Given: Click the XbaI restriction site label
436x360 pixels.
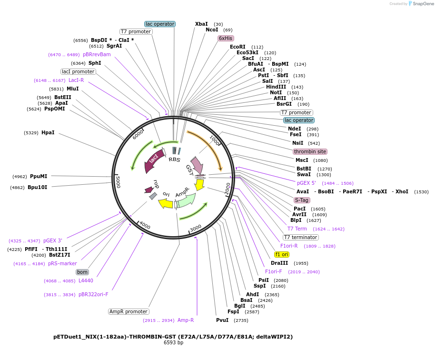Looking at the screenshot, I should tap(201, 24).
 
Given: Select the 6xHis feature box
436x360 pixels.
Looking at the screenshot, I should tap(226, 38).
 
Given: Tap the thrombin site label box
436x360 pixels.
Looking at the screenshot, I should tap(310, 151).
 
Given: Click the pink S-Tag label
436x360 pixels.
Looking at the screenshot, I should tap(302, 200).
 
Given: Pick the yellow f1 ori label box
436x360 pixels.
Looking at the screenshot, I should tap(282, 254).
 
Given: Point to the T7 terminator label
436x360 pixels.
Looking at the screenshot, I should tap(300, 237).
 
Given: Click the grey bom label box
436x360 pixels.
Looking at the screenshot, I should tap(82, 272).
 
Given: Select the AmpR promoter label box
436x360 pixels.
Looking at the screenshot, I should tap(129, 312).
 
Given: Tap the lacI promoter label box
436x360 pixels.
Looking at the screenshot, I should tap(79, 71).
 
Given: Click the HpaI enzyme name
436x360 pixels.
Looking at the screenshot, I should tap(48, 132).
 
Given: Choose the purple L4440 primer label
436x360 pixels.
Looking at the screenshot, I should tap(86, 280).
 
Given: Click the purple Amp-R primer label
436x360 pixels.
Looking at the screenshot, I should tap(186, 320).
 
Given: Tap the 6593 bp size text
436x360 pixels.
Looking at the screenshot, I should tap(173, 342).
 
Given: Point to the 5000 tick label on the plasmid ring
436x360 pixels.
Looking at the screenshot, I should tap(119, 181).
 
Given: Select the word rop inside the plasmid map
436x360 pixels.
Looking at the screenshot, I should tap(156, 184).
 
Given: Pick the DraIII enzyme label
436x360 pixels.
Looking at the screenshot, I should tap(279, 263).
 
